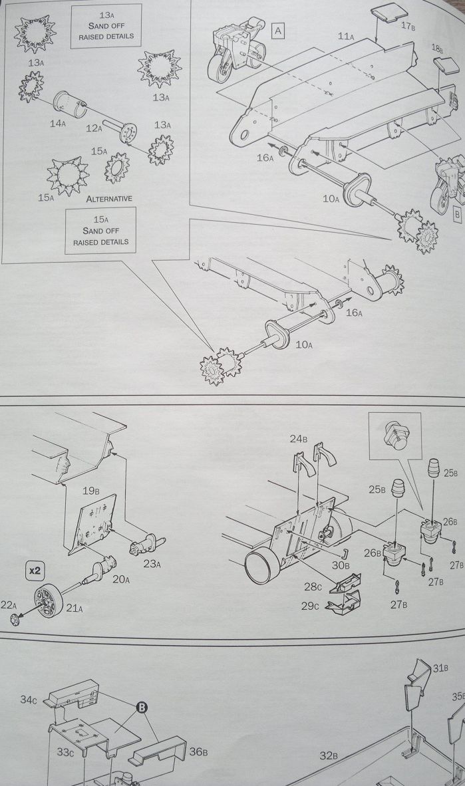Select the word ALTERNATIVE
109,198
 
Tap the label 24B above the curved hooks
298,439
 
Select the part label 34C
29,699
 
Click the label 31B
440,670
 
